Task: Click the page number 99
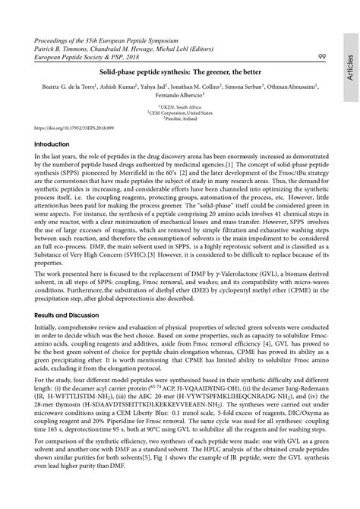coord(321,55)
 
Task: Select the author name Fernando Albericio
coord(177,97)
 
